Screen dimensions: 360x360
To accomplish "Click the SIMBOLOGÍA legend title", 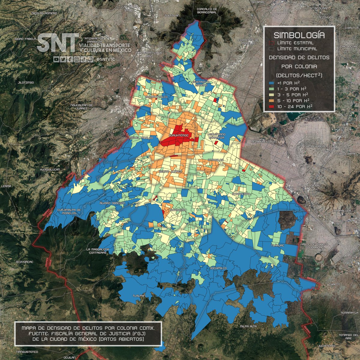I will pyautogui.click(x=299, y=35).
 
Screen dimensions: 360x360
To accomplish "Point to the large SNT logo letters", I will pyautogui.click(x=58, y=43).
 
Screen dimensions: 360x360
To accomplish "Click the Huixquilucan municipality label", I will pyautogui.click(x=50, y=169).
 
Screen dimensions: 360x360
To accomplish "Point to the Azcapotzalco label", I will pyautogui.click(x=156, y=97).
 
